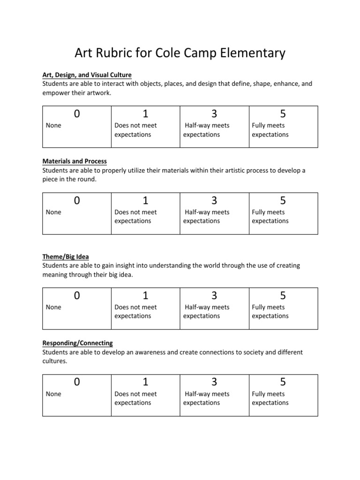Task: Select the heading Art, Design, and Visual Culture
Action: [x=87, y=75]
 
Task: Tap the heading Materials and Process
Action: [x=75, y=161]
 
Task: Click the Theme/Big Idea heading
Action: [x=66, y=257]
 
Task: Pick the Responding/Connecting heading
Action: [x=77, y=343]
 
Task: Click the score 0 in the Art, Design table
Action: [x=76, y=114]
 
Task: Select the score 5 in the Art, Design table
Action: [x=283, y=114]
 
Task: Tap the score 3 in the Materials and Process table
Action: [x=214, y=201]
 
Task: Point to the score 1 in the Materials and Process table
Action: [x=145, y=201]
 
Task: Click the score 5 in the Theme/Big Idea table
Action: [x=283, y=296]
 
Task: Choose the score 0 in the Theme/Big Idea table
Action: [x=76, y=296]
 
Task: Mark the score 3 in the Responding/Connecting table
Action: [x=214, y=382]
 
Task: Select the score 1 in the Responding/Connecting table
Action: [x=145, y=382]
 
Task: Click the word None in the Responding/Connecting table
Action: [x=53, y=394]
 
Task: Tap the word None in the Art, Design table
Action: [x=53, y=126]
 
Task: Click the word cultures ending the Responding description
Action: [x=54, y=361]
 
